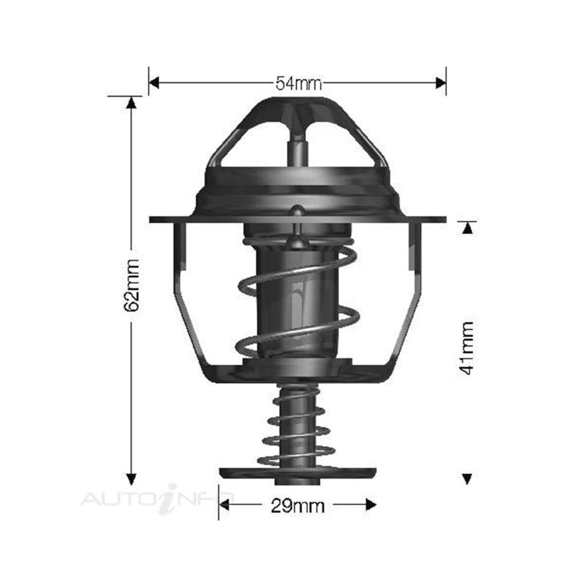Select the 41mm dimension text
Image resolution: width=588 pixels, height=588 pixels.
[x=467, y=349]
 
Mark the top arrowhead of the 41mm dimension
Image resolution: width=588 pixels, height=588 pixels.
[x=467, y=228]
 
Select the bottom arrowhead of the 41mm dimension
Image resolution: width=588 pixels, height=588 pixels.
[x=467, y=479]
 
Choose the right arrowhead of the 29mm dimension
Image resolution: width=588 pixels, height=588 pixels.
[x=370, y=504]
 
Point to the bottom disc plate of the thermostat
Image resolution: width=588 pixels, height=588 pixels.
[x=298, y=472]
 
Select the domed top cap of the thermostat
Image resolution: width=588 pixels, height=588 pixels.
[x=298, y=109]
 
